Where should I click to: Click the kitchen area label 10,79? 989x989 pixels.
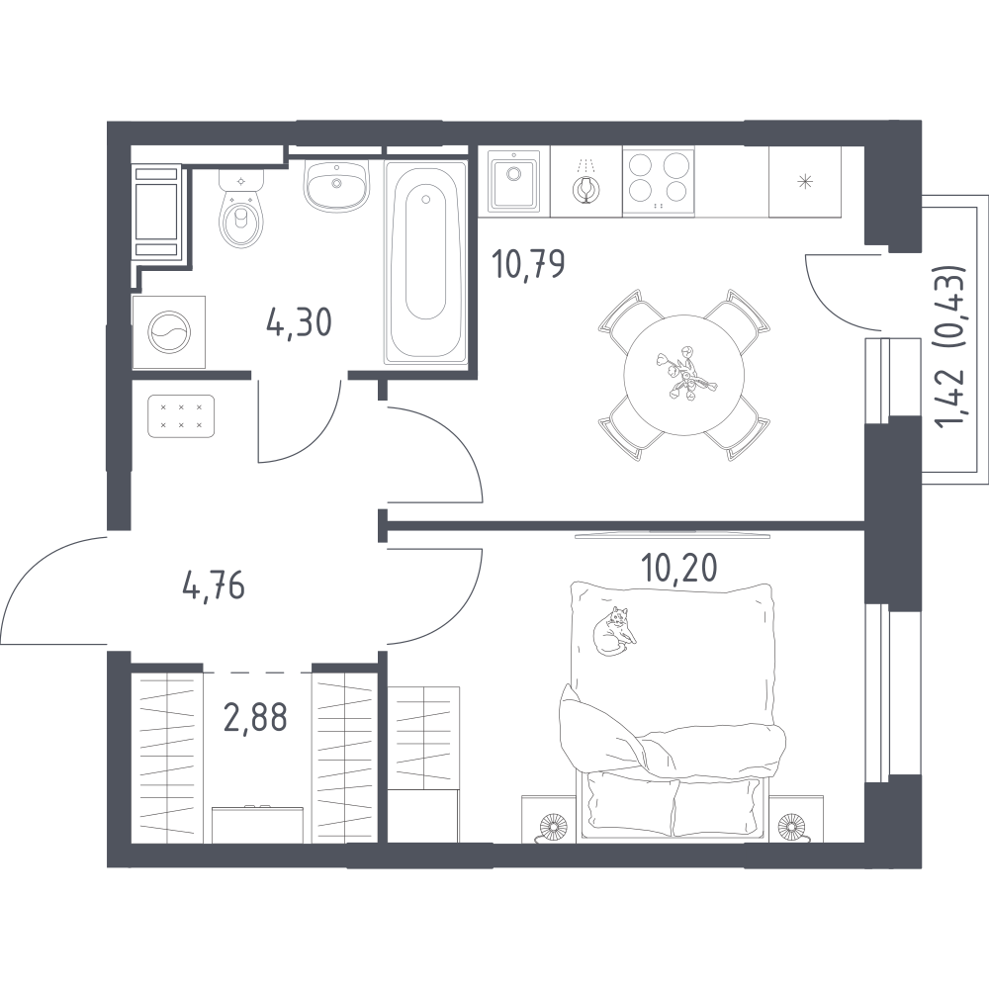528,264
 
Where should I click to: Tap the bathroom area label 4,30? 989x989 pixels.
299,323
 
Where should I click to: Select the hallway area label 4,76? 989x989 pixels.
214,586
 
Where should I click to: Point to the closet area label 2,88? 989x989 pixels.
255,717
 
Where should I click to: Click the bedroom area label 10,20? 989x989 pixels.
678,569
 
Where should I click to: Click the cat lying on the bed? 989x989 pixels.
614,631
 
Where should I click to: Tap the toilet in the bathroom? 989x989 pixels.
240,209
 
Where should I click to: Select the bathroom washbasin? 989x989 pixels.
336,185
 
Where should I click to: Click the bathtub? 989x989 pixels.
425,262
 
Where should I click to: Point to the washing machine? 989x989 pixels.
168,331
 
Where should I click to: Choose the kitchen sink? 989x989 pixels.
514,182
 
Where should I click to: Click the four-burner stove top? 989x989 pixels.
659,182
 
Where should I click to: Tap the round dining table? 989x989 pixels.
683,375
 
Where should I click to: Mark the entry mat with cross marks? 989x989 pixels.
181,416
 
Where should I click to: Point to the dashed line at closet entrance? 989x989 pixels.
257,673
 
